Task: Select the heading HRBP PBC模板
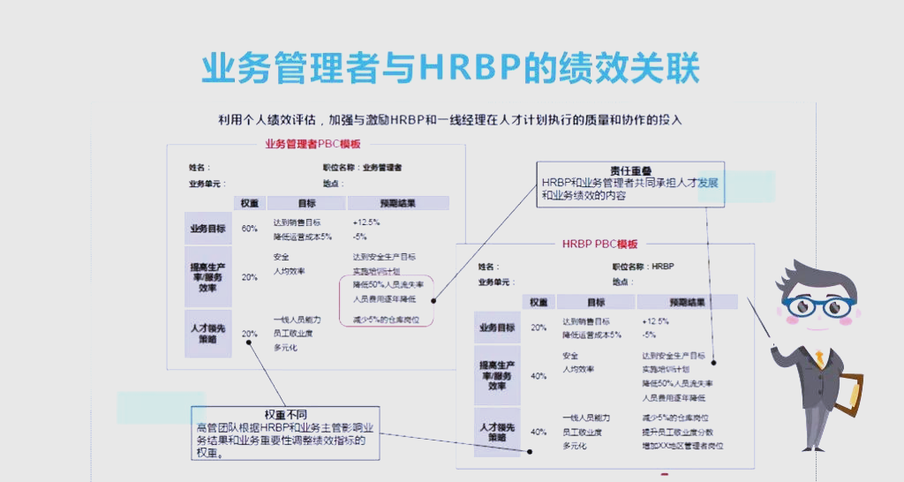tap(599, 245)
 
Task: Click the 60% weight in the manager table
tap(250, 229)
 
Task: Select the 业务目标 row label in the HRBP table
tap(497, 328)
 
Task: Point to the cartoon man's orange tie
tap(820, 359)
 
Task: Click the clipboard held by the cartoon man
tap(852, 402)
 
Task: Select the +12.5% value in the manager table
tap(365, 222)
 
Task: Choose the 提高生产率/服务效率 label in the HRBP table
tap(497, 374)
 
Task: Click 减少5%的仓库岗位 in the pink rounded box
tap(386, 320)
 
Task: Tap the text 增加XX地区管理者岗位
tap(682, 447)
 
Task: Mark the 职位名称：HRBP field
tap(643, 267)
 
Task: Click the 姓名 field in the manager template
tap(200, 167)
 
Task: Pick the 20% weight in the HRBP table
tap(539, 328)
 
